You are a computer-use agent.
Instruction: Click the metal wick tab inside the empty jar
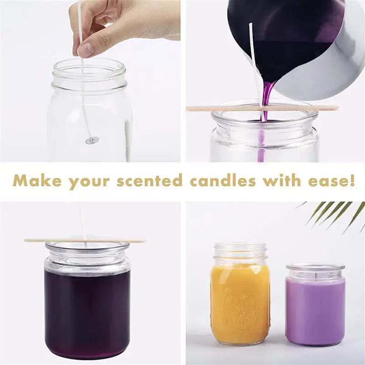(x=92, y=141)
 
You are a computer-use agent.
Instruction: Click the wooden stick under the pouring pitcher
(x=219, y=109)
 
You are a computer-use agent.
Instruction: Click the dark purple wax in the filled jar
(x=87, y=310)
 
